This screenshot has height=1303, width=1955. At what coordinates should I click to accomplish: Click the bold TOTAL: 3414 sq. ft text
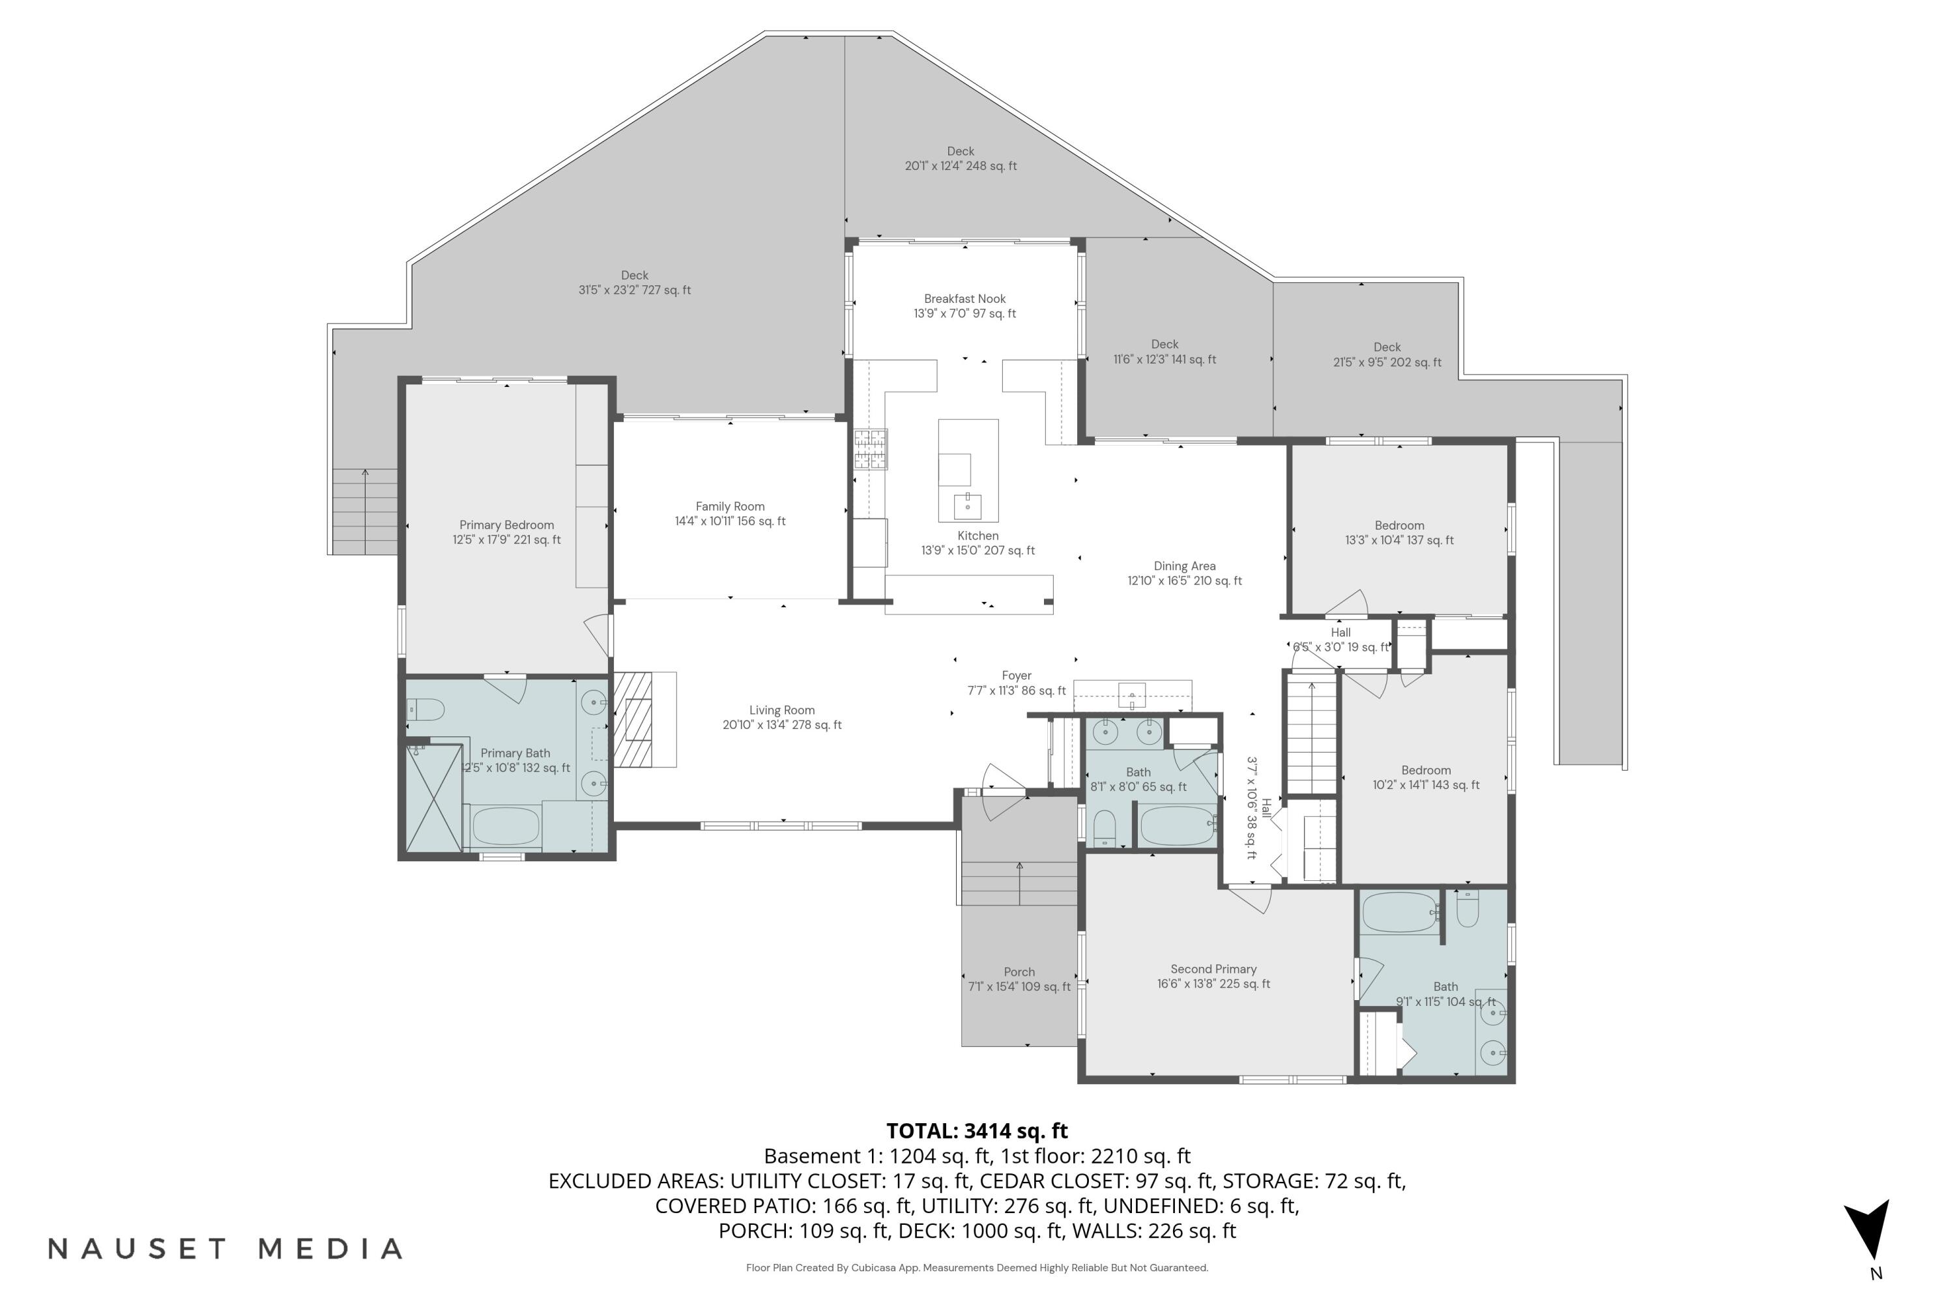(x=977, y=1131)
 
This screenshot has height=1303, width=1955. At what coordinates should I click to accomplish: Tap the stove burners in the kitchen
(x=870, y=449)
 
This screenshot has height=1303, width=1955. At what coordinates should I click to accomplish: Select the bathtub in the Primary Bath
(x=506, y=826)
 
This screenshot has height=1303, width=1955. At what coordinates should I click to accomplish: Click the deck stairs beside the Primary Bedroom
(x=364, y=511)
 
